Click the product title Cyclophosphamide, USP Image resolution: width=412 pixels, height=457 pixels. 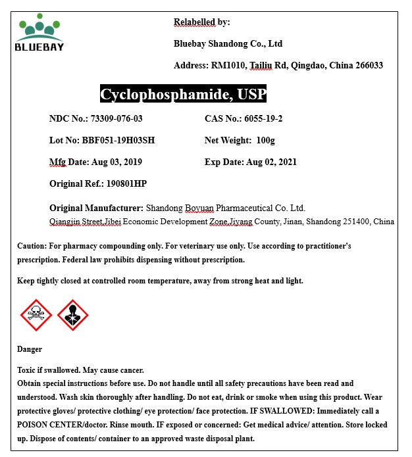(183, 94)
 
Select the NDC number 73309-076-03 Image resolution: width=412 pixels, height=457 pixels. (116, 119)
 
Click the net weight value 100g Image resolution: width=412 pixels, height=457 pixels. (265, 141)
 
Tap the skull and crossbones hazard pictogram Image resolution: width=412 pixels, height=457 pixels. (36, 315)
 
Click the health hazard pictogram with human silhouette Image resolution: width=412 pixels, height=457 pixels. (72, 315)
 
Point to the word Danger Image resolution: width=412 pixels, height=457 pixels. (30, 349)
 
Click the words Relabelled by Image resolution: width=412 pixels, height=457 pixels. (201, 22)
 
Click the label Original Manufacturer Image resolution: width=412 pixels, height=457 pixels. (96, 208)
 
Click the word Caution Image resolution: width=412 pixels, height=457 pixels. (31, 246)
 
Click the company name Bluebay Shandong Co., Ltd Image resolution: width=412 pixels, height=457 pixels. (228, 44)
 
